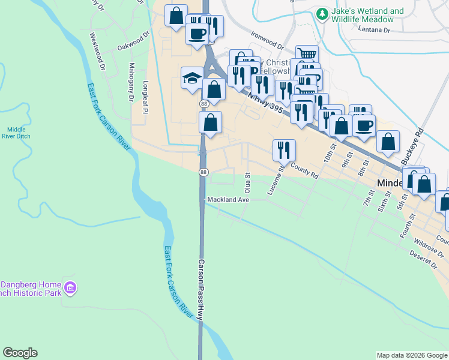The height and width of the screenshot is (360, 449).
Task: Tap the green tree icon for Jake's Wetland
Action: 322,13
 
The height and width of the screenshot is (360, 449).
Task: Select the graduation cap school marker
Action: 192,78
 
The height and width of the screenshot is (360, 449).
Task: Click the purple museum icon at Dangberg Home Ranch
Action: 71,289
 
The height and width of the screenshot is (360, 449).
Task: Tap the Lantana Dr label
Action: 373,29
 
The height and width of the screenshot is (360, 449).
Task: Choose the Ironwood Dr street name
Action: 267,40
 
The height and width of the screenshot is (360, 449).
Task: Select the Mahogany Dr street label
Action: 131,82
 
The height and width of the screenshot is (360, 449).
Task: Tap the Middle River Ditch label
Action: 16,133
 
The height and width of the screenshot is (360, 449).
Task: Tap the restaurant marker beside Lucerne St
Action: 283,151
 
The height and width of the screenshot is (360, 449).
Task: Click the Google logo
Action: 20,353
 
